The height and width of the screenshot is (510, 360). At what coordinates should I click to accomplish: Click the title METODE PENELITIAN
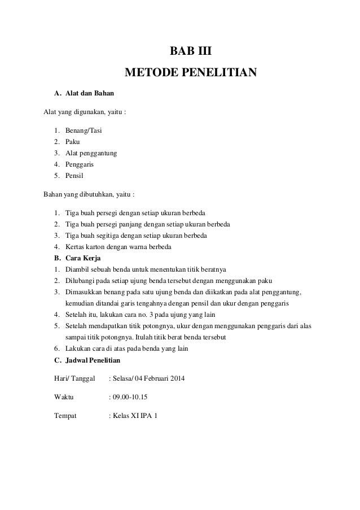[191, 73]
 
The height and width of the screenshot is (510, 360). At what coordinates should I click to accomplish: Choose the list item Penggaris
[80, 164]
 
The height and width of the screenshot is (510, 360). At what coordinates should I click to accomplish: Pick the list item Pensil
[75, 176]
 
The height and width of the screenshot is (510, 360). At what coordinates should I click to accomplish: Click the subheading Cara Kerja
[84, 258]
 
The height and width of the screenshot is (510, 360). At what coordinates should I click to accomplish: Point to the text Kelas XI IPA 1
[135, 416]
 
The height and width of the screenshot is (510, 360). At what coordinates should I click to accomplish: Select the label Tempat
[66, 416]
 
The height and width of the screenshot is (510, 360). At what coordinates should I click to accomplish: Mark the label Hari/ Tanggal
[73, 378]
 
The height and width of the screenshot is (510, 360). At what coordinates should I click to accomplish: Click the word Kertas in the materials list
[75, 246]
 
